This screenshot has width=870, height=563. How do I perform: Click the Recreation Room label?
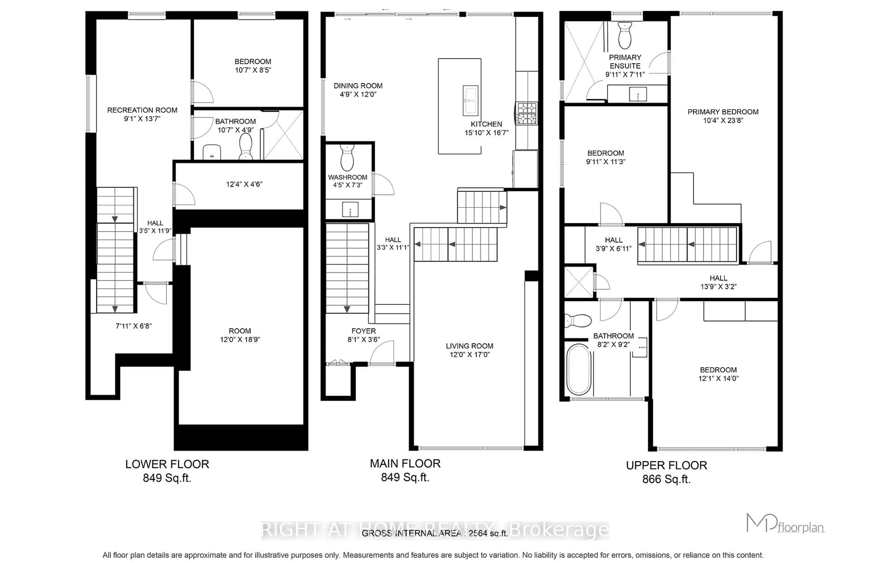tap(142, 110)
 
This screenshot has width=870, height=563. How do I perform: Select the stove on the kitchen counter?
tap(527, 113)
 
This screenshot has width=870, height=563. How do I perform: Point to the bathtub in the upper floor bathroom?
tap(578, 370)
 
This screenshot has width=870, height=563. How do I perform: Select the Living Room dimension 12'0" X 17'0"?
tap(469, 354)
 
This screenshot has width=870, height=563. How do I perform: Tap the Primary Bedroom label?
tap(723, 112)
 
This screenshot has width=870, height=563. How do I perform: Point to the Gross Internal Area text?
tap(435, 533)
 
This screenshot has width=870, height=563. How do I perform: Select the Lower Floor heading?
tap(167, 464)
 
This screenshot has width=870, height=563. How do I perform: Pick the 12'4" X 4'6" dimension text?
tap(244, 184)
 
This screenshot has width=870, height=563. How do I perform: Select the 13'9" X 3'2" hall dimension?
tap(718, 287)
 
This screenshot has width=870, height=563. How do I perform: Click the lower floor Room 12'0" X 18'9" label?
tap(240, 335)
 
